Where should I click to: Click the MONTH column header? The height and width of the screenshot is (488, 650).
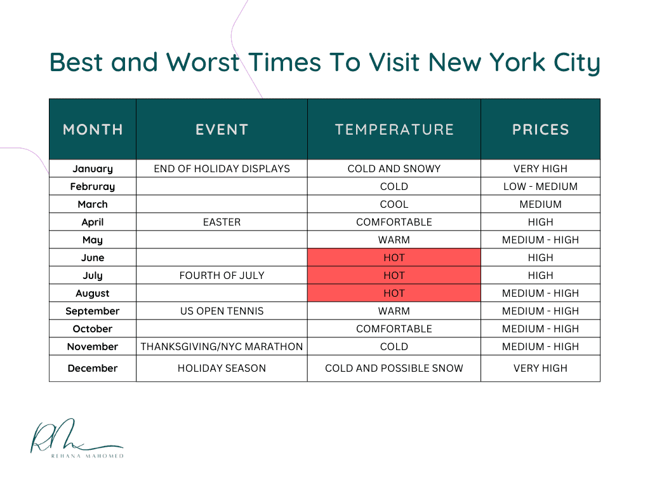tap(93, 130)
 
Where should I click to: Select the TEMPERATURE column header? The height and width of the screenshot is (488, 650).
tap(394, 130)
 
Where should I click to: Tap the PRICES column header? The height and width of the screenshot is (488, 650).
tap(541, 130)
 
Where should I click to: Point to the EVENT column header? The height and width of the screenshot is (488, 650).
tap(222, 130)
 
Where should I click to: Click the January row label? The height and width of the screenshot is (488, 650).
tap(93, 169)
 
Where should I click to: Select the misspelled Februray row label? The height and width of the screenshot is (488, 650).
tap(93, 187)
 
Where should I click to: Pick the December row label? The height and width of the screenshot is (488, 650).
tap(93, 368)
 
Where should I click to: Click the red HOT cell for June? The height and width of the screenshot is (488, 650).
tap(394, 257)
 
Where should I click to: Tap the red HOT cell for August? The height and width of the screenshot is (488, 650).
tap(394, 293)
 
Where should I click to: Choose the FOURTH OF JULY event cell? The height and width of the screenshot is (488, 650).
tap(222, 276)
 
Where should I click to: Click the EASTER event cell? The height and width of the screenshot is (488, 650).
tap(222, 222)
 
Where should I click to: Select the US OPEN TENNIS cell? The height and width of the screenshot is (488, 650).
tap(222, 311)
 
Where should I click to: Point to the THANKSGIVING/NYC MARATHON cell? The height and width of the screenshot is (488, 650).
tap(222, 346)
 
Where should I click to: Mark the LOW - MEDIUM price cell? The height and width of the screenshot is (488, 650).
tap(541, 187)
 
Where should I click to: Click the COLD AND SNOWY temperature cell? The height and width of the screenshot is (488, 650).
tap(394, 169)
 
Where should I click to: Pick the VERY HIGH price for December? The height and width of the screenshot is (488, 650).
tap(541, 368)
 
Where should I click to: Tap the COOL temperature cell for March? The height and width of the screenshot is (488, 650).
tap(394, 205)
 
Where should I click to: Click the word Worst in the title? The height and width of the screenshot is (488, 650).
tap(202, 62)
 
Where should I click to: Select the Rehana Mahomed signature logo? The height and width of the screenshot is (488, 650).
tap(77, 438)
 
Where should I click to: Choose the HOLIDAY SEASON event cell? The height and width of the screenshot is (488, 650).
tap(222, 368)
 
